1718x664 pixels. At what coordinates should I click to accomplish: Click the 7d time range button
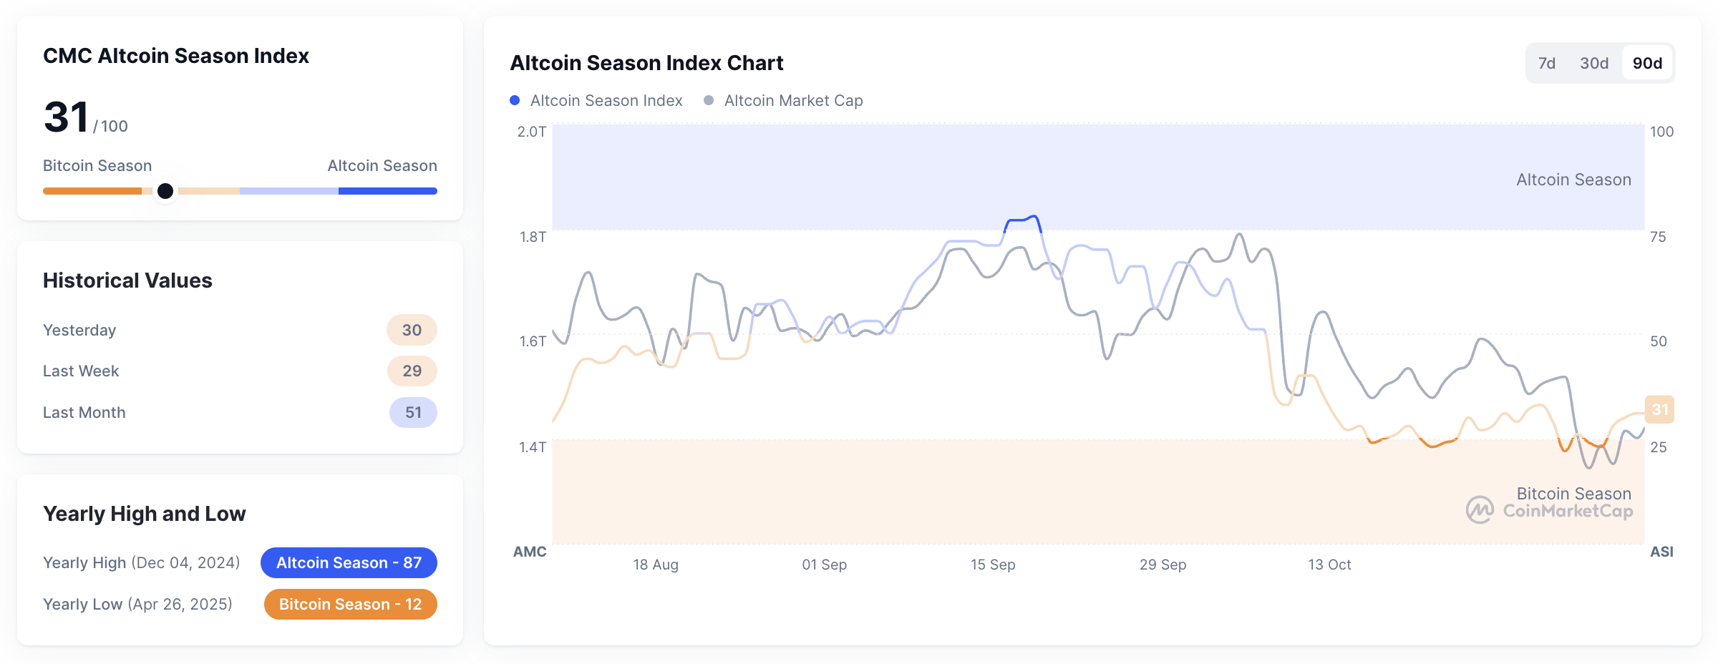(1546, 63)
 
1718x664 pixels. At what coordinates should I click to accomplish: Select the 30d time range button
(1594, 63)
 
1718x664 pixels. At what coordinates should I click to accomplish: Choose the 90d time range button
(1647, 63)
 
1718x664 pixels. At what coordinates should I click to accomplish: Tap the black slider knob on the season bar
(165, 191)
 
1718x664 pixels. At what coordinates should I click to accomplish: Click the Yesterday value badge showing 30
(412, 330)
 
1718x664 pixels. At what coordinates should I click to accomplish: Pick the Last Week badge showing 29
(412, 371)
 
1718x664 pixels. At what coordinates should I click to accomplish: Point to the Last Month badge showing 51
(413, 412)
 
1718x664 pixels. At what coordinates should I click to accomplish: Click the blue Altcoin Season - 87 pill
(349, 562)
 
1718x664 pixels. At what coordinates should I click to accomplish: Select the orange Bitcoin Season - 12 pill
(350, 604)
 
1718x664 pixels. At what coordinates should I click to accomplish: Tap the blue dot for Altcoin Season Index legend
(515, 100)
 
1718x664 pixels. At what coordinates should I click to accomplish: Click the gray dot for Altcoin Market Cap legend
(709, 100)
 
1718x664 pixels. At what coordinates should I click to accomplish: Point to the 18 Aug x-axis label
(656, 565)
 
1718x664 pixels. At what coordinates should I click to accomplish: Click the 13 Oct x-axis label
(1329, 565)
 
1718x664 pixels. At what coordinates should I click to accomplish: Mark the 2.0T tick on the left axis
(532, 132)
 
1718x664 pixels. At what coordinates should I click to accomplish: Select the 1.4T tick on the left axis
(533, 447)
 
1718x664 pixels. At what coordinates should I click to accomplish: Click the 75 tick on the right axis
(1658, 237)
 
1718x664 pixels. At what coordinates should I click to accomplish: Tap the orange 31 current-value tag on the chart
(1659, 409)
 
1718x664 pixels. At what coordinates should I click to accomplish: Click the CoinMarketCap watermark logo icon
(1480, 510)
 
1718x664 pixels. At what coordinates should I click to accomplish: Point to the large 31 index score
(66, 117)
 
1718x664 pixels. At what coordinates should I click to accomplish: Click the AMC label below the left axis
(530, 552)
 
